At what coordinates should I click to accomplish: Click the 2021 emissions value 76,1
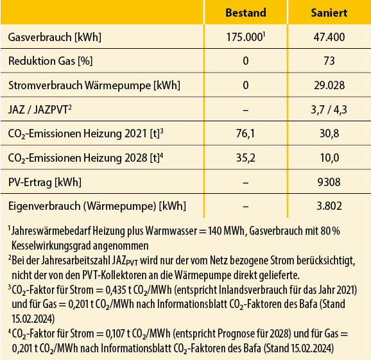coord(245,134)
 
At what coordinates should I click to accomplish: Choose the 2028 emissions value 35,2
coord(245,159)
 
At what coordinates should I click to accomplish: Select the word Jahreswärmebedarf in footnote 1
coord(48,233)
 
